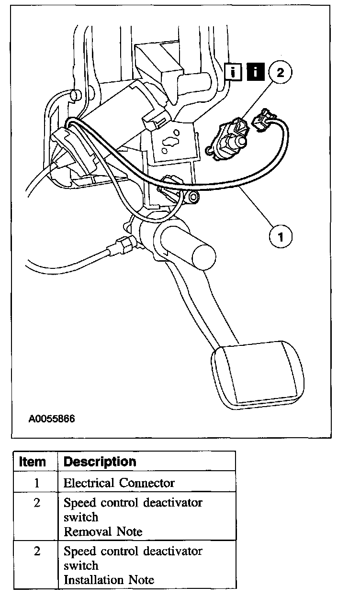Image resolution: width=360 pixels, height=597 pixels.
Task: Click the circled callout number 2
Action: (280, 72)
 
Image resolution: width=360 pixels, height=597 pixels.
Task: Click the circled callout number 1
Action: (281, 236)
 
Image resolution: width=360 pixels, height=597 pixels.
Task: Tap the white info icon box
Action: (233, 73)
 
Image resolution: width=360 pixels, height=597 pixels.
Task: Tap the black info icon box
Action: (256, 73)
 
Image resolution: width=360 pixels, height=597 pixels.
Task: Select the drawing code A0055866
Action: (52, 419)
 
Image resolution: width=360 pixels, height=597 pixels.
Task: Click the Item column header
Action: (33, 462)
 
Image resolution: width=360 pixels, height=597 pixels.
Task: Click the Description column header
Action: (100, 462)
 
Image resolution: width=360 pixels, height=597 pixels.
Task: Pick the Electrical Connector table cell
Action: (119, 483)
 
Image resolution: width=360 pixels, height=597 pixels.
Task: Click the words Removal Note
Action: (103, 531)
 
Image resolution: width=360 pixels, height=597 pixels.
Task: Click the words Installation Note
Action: (109, 580)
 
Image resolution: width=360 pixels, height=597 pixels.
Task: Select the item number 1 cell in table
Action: (36, 483)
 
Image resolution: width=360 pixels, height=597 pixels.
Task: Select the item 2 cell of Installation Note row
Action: (36, 552)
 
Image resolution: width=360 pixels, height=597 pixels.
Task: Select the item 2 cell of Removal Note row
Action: (36, 503)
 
